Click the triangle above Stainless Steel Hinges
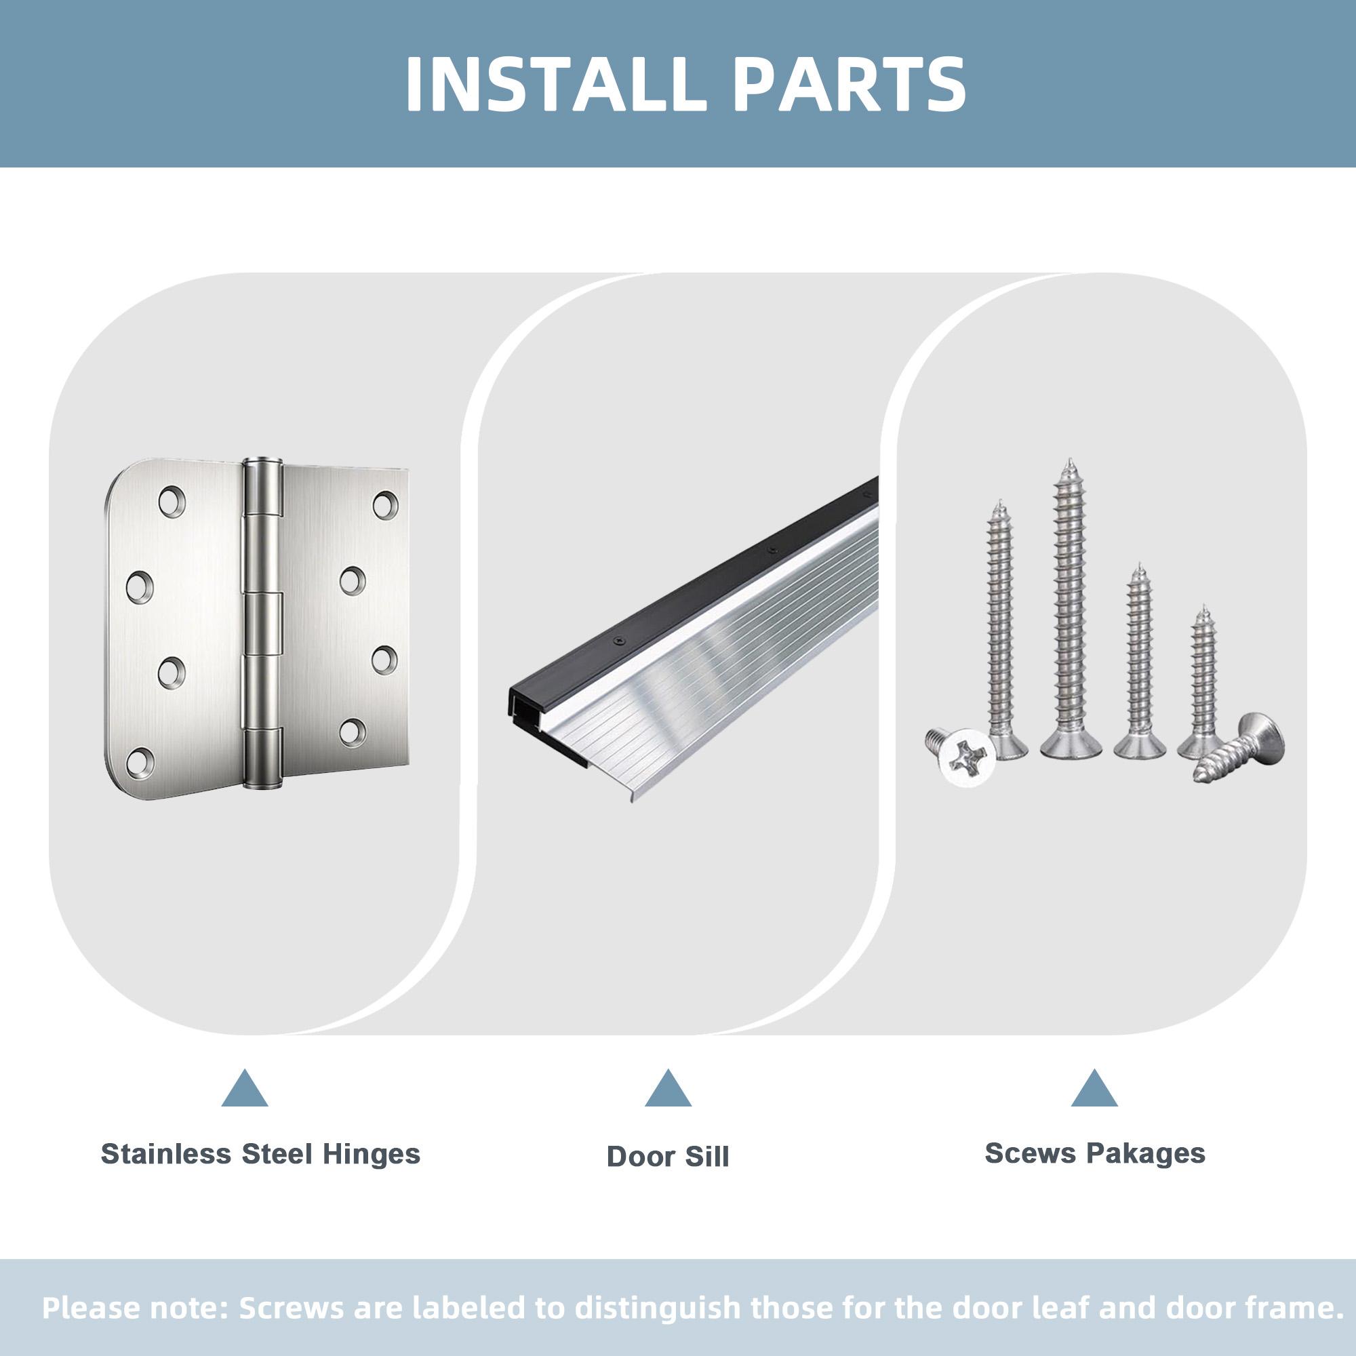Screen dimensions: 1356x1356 244,1089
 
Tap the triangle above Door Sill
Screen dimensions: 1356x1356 669,1089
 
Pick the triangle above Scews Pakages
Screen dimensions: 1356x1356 1094,1089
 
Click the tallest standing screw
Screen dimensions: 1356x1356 1070,610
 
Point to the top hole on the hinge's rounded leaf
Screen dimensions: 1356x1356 172,502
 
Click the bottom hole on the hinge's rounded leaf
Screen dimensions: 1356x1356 140,761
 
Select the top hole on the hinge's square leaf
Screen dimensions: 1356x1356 385,504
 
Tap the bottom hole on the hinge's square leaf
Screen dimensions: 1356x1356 353,732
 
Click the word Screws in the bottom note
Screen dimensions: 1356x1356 291,1308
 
